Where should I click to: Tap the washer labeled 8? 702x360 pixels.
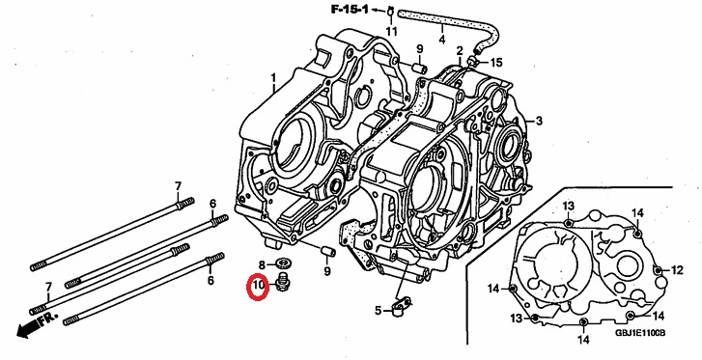(x=283, y=262)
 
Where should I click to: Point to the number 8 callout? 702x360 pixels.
(x=263, y=264)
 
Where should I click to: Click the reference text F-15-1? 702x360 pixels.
(x=350, y=9)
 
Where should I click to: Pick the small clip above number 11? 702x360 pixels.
(x=390, y=11)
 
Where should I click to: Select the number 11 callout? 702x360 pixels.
(x=392, y=31)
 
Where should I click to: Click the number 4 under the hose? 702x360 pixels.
(x=442, y=40)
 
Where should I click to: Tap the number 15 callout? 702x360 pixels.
(x=496, y=62)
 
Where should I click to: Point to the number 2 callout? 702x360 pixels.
(x=460, y=50)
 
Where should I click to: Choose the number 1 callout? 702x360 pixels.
(x=273, y=79)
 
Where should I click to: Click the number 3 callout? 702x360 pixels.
(x=539, y=121)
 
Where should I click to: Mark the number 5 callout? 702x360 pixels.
(x=379, y=311)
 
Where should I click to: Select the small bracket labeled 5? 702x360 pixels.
(x=398, y=307)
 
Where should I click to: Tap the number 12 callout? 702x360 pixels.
(x=677, y=270)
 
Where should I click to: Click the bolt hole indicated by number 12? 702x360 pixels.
(x=658, y=270)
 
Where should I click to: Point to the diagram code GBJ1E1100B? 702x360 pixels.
(x=640, y=333)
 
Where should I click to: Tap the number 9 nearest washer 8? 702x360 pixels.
(x=327, y=271)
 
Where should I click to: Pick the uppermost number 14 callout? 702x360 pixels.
(x=637, y=213)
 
